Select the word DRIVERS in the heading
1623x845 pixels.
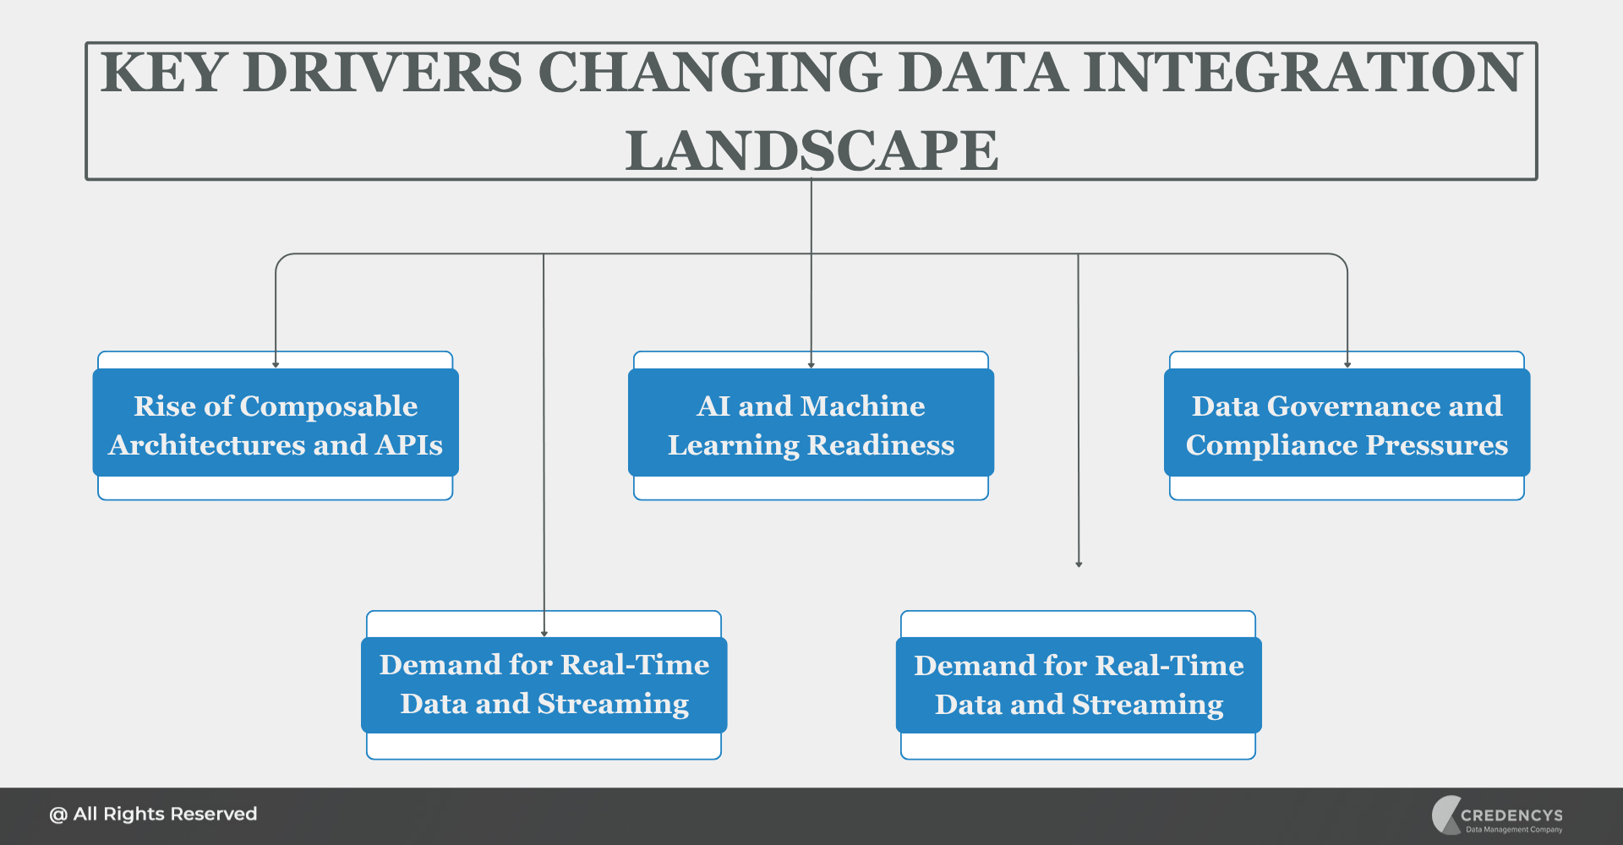click(x=382, y=74)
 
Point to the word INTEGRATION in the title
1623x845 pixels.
click(x=1303, y=74)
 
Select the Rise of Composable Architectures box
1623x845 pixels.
click(x=276, y=424)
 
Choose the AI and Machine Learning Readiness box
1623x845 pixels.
click(x=811, y=424)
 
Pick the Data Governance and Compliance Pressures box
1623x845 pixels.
click(x=1347, y=424)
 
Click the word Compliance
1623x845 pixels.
click(x=1271, y=445)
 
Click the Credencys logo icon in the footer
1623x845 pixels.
click(x=1445, y=815)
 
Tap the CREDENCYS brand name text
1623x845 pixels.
click(x=1511, y=815)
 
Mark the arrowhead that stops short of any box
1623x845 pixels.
click(x=1079, y=564)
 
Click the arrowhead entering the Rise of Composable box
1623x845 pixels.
click(x=276, y=364)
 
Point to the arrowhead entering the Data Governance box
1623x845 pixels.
click(x=1347, y=364)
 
